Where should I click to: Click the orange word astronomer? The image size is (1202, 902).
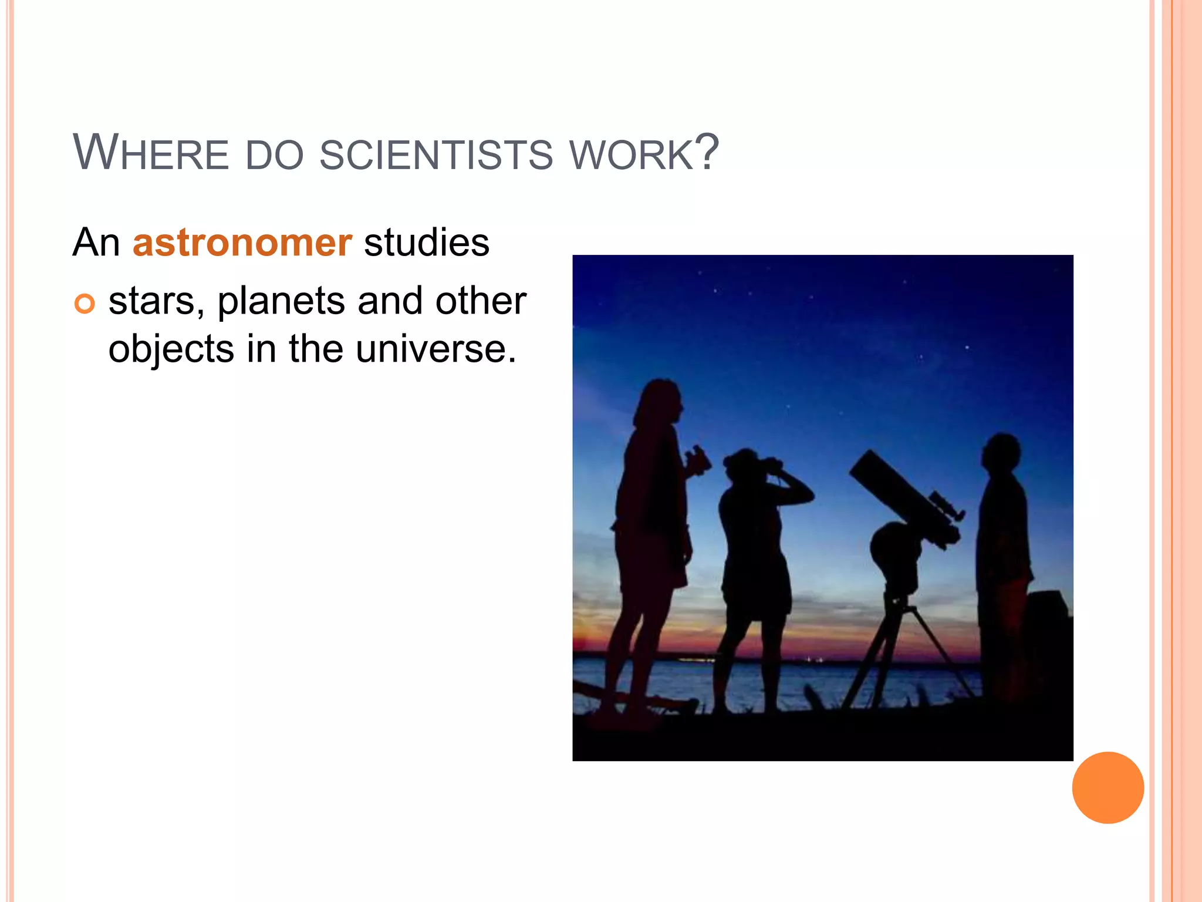pos(242,242)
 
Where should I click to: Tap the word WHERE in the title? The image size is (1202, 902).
pos(150,153)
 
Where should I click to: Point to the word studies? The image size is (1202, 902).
pos(426,242)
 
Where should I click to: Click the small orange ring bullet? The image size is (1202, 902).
pos(85,304)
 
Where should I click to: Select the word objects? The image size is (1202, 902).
pos(171,350)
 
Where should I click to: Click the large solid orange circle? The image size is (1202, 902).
pos(1108,787)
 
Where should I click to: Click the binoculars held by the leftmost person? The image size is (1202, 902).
pos(698,460)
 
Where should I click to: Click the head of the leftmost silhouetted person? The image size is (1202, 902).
pos(660,402)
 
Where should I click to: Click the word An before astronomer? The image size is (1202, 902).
pos(96,242)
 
